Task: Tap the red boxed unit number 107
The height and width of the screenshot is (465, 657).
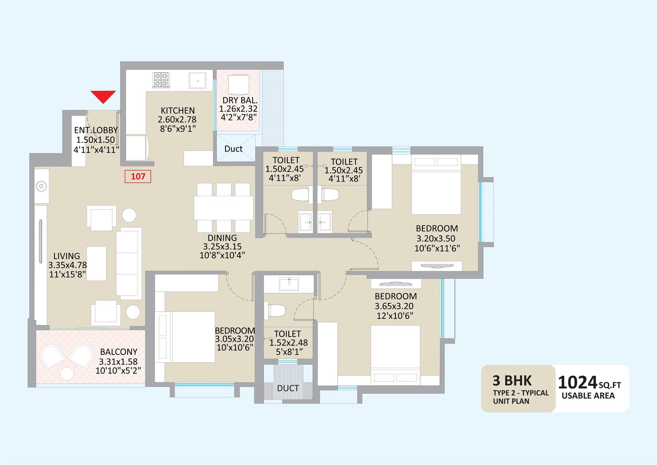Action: tap(138, 176)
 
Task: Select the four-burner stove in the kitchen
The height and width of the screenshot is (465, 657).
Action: tap(161, 80)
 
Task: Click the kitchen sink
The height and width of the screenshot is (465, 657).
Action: tap(198, 81)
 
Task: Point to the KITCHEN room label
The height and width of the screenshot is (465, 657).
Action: tap(178, 110)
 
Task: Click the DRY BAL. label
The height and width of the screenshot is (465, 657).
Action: tap(240, 100)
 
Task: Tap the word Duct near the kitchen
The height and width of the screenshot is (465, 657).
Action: tap(233, 149)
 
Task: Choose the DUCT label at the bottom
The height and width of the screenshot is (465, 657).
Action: tap(288, 388)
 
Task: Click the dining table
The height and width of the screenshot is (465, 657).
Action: tap(224, 208)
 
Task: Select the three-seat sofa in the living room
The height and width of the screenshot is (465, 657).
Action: tap(129, 263)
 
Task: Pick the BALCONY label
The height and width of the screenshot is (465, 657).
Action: tap(118, 352)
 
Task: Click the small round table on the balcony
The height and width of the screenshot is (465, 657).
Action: tap(67, 374)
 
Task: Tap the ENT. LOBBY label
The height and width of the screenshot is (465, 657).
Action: tap(96, 130)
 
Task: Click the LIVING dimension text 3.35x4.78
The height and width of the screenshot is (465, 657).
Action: tap(67, 265)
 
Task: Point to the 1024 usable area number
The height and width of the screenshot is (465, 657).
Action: tap(577, 383)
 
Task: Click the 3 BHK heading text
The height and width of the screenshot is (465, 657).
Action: tap(512, 381)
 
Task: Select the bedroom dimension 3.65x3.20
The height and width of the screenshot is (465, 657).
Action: tap(394, 306)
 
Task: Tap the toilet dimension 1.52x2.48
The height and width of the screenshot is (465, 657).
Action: tap(288, 343)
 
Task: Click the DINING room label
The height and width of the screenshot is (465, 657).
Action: tap(222, 238)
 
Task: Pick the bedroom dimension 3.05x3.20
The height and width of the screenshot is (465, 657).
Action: tap(234, 339)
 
